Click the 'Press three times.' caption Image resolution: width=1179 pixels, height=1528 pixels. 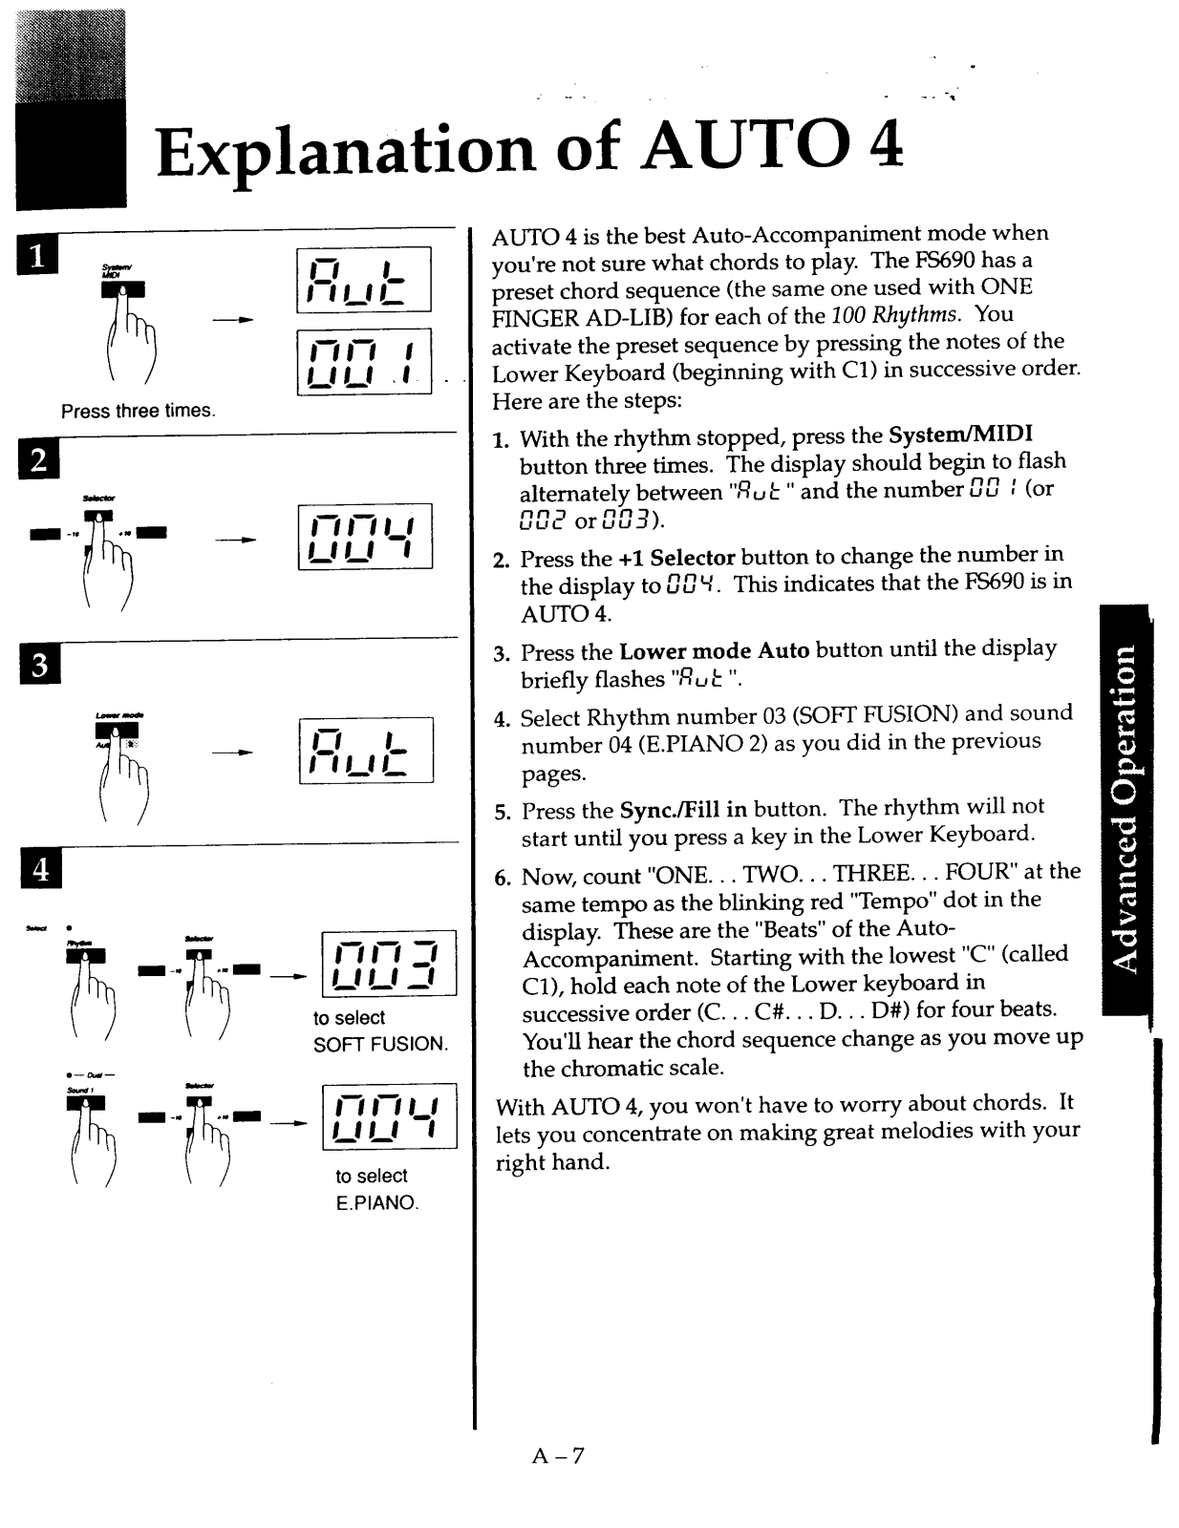click(x=139, y=411)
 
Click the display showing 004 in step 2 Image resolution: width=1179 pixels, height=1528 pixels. click(x=365, y=537)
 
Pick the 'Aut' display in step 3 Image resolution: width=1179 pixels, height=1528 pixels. click(x=366, y=750)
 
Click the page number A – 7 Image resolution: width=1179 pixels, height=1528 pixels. click(x=558, y=1455)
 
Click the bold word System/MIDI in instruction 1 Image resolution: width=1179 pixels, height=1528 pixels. click(x=960, y=435)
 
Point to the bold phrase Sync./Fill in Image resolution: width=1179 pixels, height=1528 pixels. click(x=683, y=810)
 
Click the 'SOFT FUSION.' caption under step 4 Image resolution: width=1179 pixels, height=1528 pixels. click(x=380, y=1044)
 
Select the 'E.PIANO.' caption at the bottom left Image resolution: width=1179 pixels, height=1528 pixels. click(x=376, y=1202)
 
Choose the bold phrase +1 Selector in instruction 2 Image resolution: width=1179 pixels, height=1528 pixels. click(x=676, y=558)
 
